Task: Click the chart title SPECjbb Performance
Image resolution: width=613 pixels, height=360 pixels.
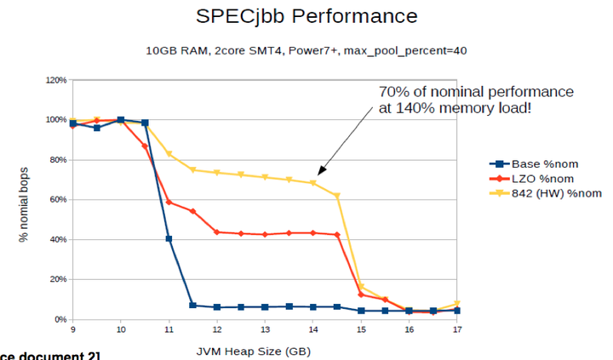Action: click(x=306, y=16)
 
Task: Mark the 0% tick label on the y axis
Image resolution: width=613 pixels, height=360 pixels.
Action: click(x=59, y=319)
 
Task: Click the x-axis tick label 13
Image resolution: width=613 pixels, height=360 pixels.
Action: click(x=265, y=329)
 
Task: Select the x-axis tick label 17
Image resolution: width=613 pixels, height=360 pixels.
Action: click(x=457, y=329)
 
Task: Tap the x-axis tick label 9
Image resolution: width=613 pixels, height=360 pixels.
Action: click(x=72, y=329)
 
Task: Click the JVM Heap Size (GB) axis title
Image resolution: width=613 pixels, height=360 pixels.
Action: click(x=264, y=349)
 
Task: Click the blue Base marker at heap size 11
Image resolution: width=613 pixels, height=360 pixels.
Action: click(x=169, y=239)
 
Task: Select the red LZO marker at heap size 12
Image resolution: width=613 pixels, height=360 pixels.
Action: click(x=217, y=231)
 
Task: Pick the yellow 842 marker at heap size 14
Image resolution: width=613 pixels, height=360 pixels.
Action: click(x=312, y=183)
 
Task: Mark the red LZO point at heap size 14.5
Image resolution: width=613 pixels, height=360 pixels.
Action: click(x=337, y=235)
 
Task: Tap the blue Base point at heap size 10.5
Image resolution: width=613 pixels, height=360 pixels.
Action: click(x=145, y=123)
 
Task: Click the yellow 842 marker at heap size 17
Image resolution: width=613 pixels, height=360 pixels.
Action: click(x=457, y=304)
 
